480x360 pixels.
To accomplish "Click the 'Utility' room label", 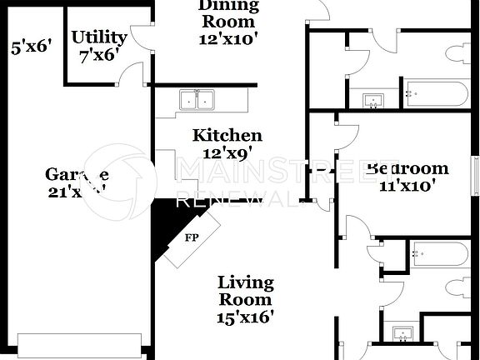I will point(99,37).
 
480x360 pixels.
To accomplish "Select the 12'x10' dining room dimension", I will point(227,37).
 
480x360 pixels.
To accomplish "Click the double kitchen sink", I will point(197,100).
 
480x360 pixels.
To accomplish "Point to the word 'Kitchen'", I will point(227,135).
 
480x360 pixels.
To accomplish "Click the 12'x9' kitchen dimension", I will point(227,153).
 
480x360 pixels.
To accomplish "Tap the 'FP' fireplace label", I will point(191,237).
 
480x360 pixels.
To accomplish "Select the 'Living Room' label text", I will point(244,290).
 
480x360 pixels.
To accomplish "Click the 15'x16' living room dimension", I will point(245,317).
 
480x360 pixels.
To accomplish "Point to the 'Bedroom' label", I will point(407,168).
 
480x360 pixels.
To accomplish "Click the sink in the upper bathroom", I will point(373,101).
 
